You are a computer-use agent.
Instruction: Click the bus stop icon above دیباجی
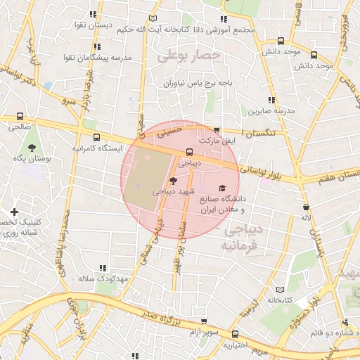pos(189,151)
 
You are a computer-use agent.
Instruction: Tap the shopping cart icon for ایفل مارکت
pos(217,130)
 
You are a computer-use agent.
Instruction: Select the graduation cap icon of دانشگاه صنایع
pos(223,188)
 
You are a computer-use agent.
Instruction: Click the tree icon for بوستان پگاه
pos(32,147)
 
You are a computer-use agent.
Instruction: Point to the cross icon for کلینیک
pos(14,212)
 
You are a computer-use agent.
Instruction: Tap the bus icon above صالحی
pos(19,117)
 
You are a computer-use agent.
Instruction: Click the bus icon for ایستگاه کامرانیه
pos(96,138)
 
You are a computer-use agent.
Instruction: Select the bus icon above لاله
pos(306,207)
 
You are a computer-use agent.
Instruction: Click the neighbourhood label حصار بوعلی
pos(189,55)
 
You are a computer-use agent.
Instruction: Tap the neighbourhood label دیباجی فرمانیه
pos(240,238)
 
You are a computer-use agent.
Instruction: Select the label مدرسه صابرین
pos(269,111)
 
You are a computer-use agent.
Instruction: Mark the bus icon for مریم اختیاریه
pos(235,335)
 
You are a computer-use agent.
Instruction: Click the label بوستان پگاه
pos(30,159)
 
